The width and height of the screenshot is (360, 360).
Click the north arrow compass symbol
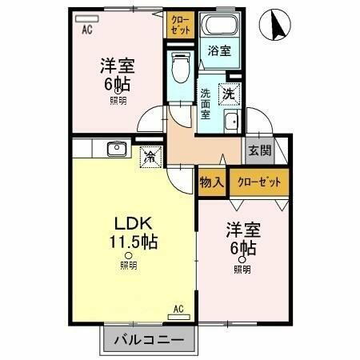coord(277,24)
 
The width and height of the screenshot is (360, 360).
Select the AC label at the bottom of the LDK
coord(178,308)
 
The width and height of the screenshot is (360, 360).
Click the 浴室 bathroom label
coord(219,50)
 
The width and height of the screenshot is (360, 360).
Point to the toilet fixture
coord(180,68)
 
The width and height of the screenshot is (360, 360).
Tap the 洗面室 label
coord(206,103)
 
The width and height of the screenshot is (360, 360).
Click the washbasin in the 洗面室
coord(232,122)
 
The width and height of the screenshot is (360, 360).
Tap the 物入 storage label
coord(212,182)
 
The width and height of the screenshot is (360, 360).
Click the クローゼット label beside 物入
coord(259,182)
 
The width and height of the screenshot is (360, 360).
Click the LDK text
coord(128,223)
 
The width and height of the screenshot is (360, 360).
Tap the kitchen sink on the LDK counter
coord(115,148)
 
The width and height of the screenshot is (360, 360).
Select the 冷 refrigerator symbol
coord(150,157)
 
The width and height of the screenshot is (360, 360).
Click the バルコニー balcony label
coord(148,340)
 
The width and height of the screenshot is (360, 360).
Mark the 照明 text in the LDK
coord(128,266)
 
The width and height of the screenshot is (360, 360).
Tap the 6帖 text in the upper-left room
coord(117,83)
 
